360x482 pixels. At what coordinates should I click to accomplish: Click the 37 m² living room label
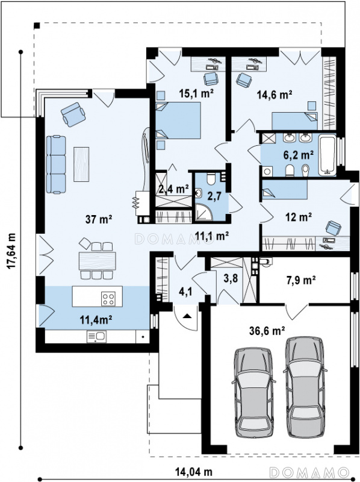(99, 219)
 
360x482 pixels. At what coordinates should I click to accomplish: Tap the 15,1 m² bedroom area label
(196, 93)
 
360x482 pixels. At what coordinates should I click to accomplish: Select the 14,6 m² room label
(275, 95)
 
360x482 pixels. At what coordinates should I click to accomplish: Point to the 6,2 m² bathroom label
(298, 155)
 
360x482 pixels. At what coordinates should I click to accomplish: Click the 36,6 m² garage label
(267, 331)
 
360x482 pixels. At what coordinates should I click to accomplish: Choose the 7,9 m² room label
(301, 280)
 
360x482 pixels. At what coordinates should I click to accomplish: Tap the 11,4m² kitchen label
(96, 320)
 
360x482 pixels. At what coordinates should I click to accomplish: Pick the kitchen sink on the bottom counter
(96, 336)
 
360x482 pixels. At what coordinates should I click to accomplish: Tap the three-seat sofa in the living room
(56, 164)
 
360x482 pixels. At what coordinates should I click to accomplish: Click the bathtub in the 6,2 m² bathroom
(327, 155)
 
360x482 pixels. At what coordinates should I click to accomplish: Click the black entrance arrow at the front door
(187, 316)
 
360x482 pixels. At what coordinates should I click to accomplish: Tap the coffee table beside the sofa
(81, 164)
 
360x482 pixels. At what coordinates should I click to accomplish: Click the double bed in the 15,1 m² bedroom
(178, 120)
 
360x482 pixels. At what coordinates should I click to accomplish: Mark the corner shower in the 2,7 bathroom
(203, 211)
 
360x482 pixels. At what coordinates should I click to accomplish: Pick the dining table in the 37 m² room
(98, 261)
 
